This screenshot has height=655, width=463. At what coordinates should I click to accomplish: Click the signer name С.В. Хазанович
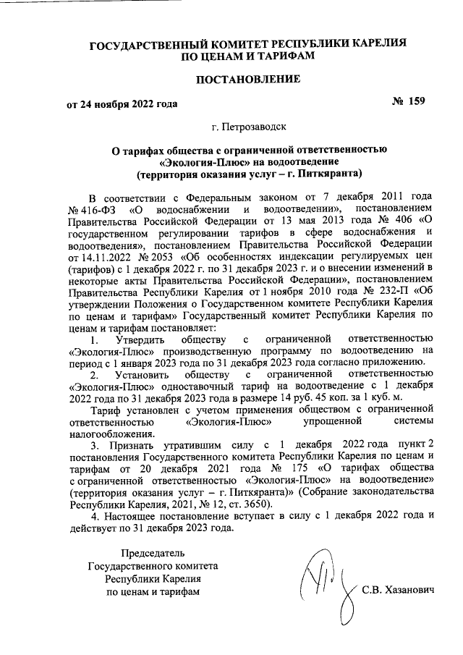tap(397, 591)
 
